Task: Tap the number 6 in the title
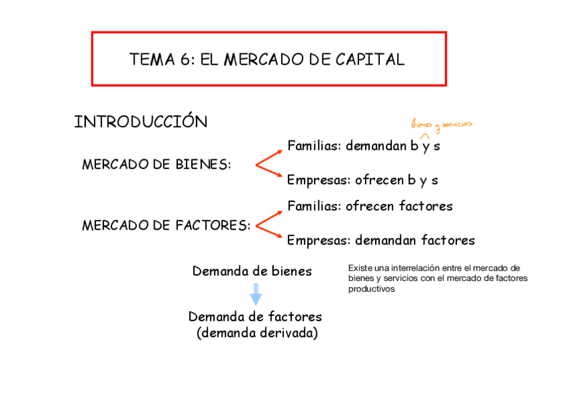(x=185, y=59)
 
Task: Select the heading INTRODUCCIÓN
(x=141, y=122)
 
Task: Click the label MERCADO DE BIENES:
(x=156, y=165)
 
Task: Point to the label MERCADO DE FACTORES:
(x=166, y=225)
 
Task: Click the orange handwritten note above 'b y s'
(x=441, y=124)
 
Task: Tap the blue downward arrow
(x=256, y=294)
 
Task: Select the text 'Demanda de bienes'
(x=252, y=271)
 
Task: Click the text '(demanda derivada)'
(x=257, y=332)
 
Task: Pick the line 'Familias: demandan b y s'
(x=363, y=146)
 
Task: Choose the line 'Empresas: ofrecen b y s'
(x=362, y=180)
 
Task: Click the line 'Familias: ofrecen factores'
(x=370, y=206)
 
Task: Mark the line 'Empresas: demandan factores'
(x=380, y=240)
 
